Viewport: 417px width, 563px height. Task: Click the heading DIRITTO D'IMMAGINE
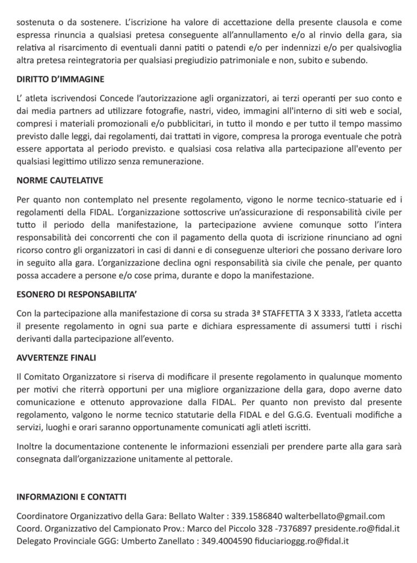click(61, 79)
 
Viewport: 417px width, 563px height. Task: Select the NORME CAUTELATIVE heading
click(60, 180)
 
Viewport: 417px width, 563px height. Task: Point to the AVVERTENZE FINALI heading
click(56, 358)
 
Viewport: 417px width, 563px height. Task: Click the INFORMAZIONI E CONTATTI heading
click(72, 497)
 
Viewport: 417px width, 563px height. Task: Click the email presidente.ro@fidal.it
click(358, 528)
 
